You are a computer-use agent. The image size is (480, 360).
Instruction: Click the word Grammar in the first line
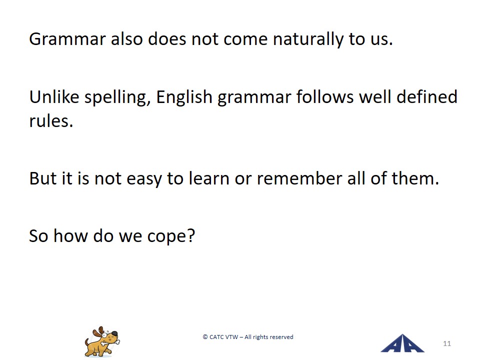(x=67, y=39)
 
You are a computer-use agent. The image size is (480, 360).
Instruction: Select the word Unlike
(x=54, y=96)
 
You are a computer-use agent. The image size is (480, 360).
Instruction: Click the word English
(x=184, y=97)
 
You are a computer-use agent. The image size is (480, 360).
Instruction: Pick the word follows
(x=325, y=96)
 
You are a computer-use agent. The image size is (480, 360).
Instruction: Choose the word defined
(x=426, y=96)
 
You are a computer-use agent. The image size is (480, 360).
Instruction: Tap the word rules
(x=51, y=120)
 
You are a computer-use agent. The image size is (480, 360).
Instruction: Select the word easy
(x=144, y=180)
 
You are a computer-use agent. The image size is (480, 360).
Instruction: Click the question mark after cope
(x=190, y=235)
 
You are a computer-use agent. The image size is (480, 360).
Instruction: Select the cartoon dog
(x=102, y=341)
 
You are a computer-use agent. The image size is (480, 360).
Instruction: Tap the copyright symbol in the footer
(x=205, y=337)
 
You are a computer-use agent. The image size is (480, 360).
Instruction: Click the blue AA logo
(x=402, y=343)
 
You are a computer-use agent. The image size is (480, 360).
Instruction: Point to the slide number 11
(x=447, y=343)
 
